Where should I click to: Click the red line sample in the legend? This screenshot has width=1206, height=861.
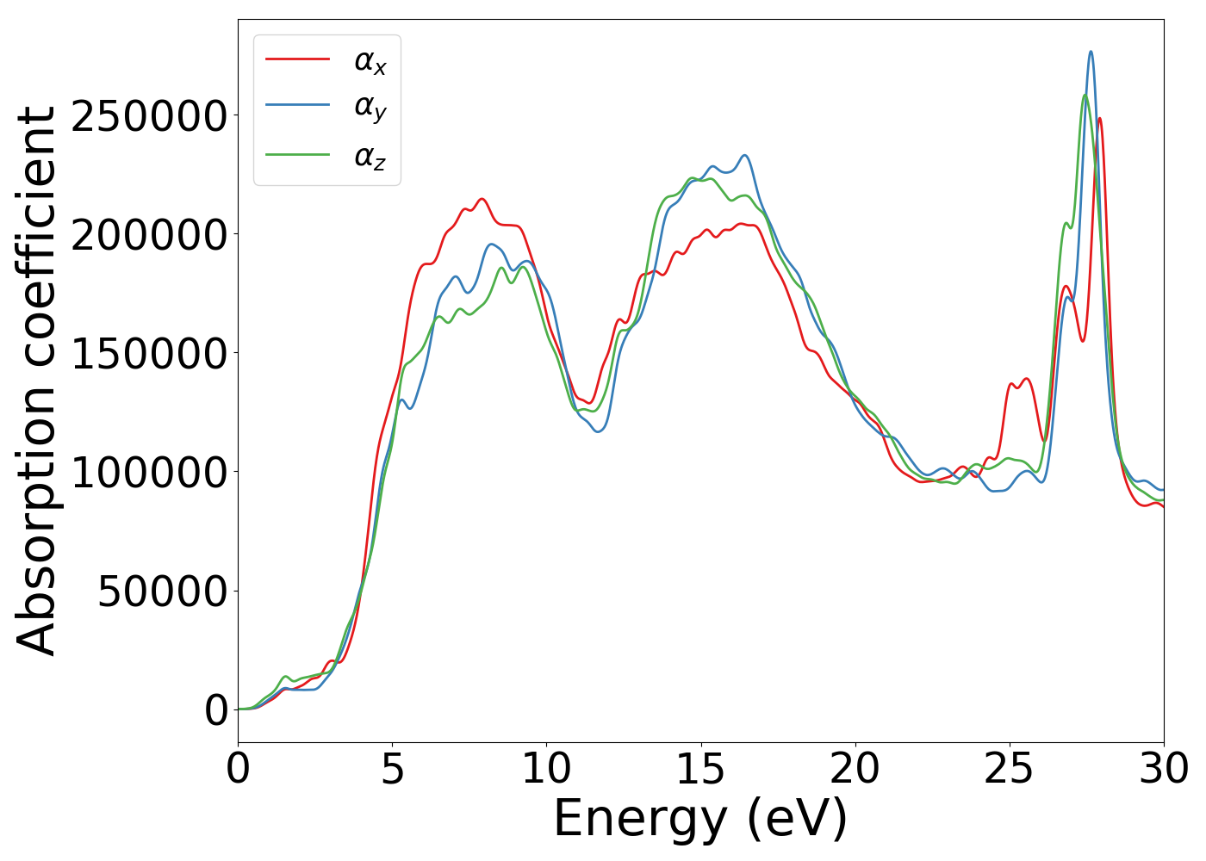pos(297,59)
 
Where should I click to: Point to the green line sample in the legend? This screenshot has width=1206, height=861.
pos(297,155)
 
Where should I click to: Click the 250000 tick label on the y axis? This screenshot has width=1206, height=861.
pos(149,116)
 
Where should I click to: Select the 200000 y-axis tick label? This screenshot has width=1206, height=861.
pos(149,235)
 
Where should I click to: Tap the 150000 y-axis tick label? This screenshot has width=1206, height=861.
pos(149,353)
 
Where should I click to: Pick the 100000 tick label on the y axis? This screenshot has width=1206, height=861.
pos(149,472)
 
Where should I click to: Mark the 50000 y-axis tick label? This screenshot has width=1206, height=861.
pos(163,591)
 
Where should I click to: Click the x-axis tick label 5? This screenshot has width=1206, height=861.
pos(392,769)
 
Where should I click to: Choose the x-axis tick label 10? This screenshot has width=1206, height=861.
pos(546,769)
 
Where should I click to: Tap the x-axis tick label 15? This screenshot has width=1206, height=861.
pos(700,769)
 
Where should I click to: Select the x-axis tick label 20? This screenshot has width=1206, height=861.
pos(855,769)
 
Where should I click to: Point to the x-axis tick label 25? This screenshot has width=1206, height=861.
pos(1009,769)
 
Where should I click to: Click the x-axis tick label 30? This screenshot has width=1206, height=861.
pos(1163,769)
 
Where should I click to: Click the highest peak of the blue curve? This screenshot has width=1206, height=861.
pos(1091,52)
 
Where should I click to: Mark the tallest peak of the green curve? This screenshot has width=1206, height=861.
pos(1085,95)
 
